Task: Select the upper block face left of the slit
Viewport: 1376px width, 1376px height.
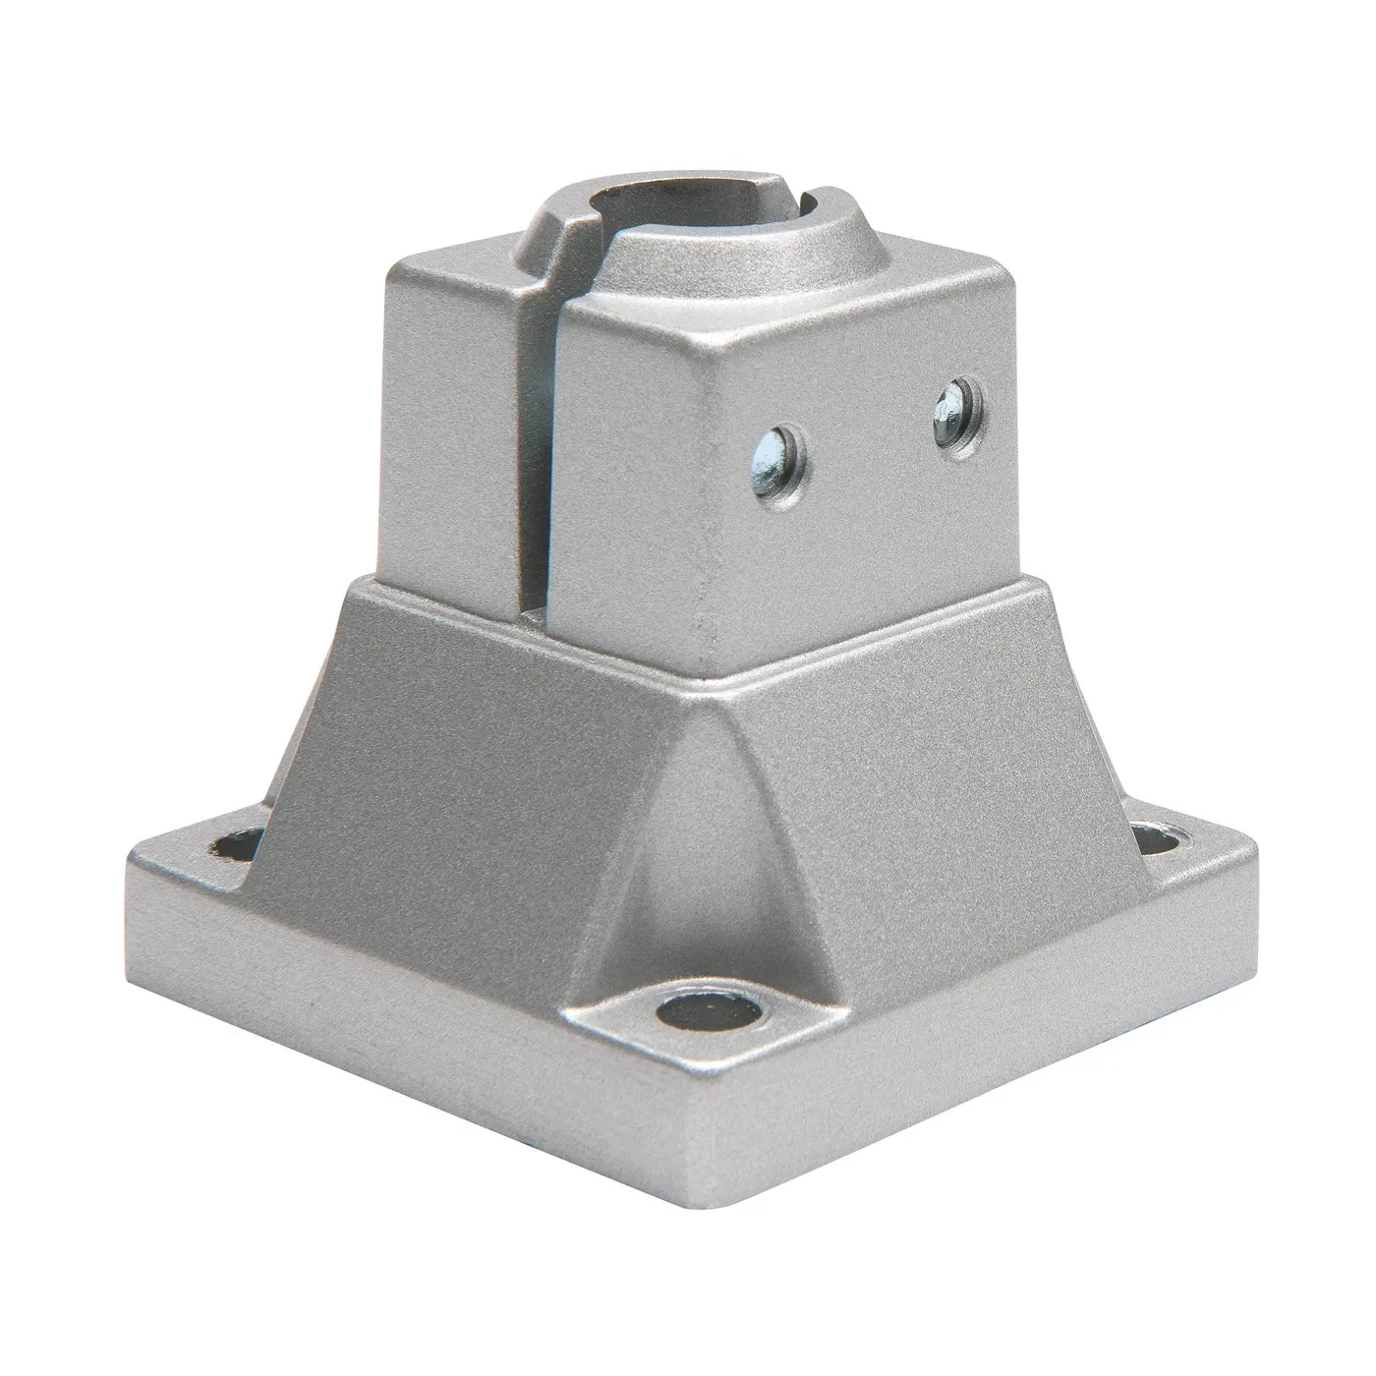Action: (452, 413)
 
